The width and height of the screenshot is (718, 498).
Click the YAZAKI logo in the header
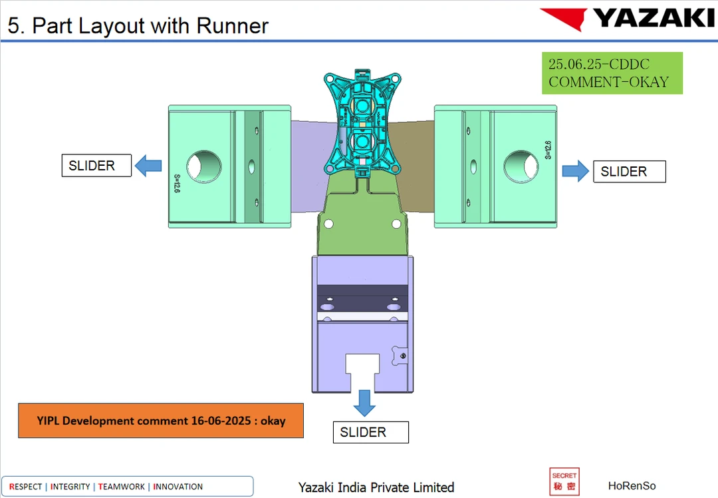[x=627, y=18]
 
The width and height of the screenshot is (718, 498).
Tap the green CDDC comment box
[x=612, y=73]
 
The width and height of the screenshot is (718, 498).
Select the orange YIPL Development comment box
[x=161, y=421]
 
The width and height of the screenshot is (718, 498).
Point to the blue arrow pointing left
[x=149, y=165]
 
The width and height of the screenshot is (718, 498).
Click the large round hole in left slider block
[x=205, y=165]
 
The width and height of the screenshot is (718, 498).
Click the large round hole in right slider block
[x=521, y=165]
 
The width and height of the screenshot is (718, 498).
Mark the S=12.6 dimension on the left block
[x=178, y=183]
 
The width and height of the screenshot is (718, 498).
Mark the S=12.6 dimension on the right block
[x=548, y=150]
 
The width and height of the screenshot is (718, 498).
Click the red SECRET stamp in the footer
[x=564, y=482]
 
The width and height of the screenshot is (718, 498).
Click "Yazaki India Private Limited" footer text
[x=376, y=487]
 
